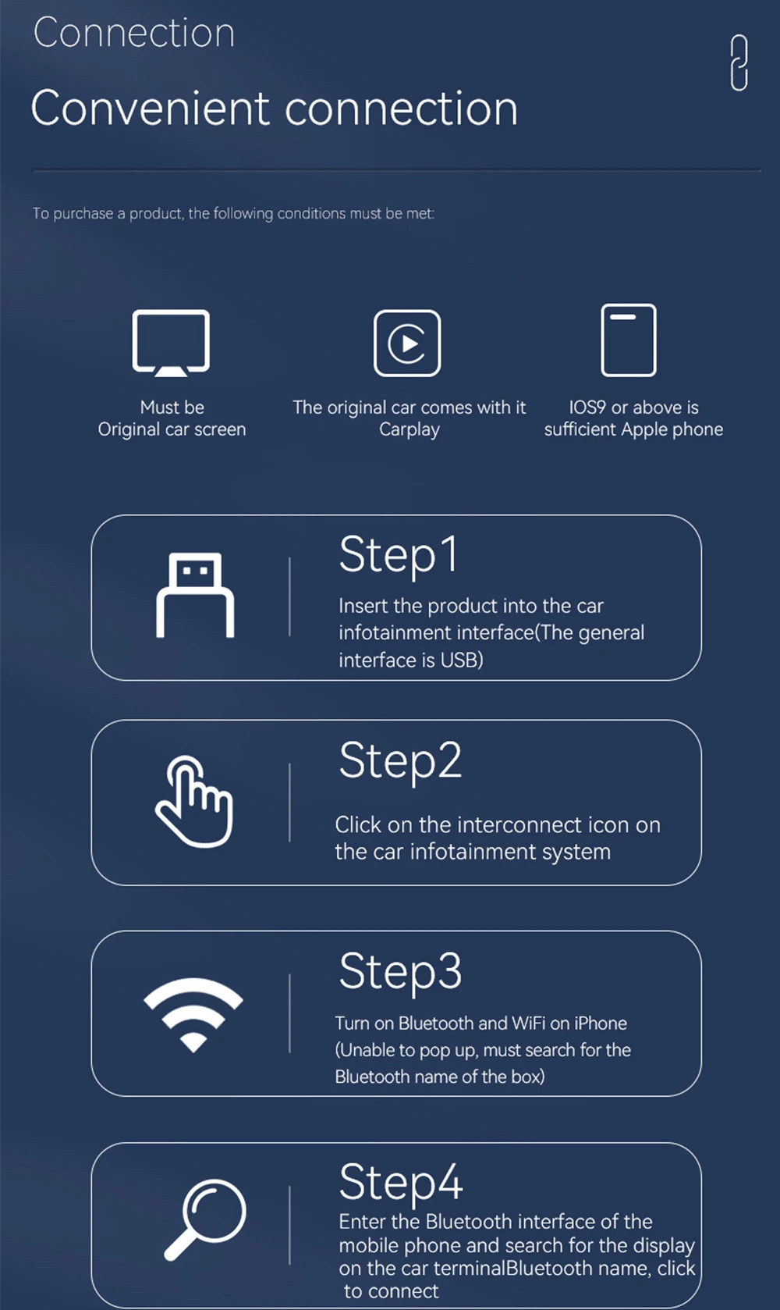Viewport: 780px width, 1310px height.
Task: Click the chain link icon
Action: (739, 62)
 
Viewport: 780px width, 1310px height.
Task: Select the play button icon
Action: (407, 344)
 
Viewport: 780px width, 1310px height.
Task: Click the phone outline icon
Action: (629, 340)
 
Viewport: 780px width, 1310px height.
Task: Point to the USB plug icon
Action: (195, 596)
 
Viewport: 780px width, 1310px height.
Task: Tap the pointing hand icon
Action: (194, 802)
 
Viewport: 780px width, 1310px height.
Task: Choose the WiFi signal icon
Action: (193, 1013)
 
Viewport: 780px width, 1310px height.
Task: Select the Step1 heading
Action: (398, 556)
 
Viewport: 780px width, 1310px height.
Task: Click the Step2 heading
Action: (400, 761)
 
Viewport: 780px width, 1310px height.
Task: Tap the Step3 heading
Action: (400, 972)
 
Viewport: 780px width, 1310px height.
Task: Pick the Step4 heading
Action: (401, 1182)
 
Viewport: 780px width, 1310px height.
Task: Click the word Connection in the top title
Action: (134, 33)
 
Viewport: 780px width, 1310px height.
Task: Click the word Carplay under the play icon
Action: (409, 429)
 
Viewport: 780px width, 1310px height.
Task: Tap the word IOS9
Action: (587, 408)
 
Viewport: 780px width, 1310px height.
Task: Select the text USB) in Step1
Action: (462, 660)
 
